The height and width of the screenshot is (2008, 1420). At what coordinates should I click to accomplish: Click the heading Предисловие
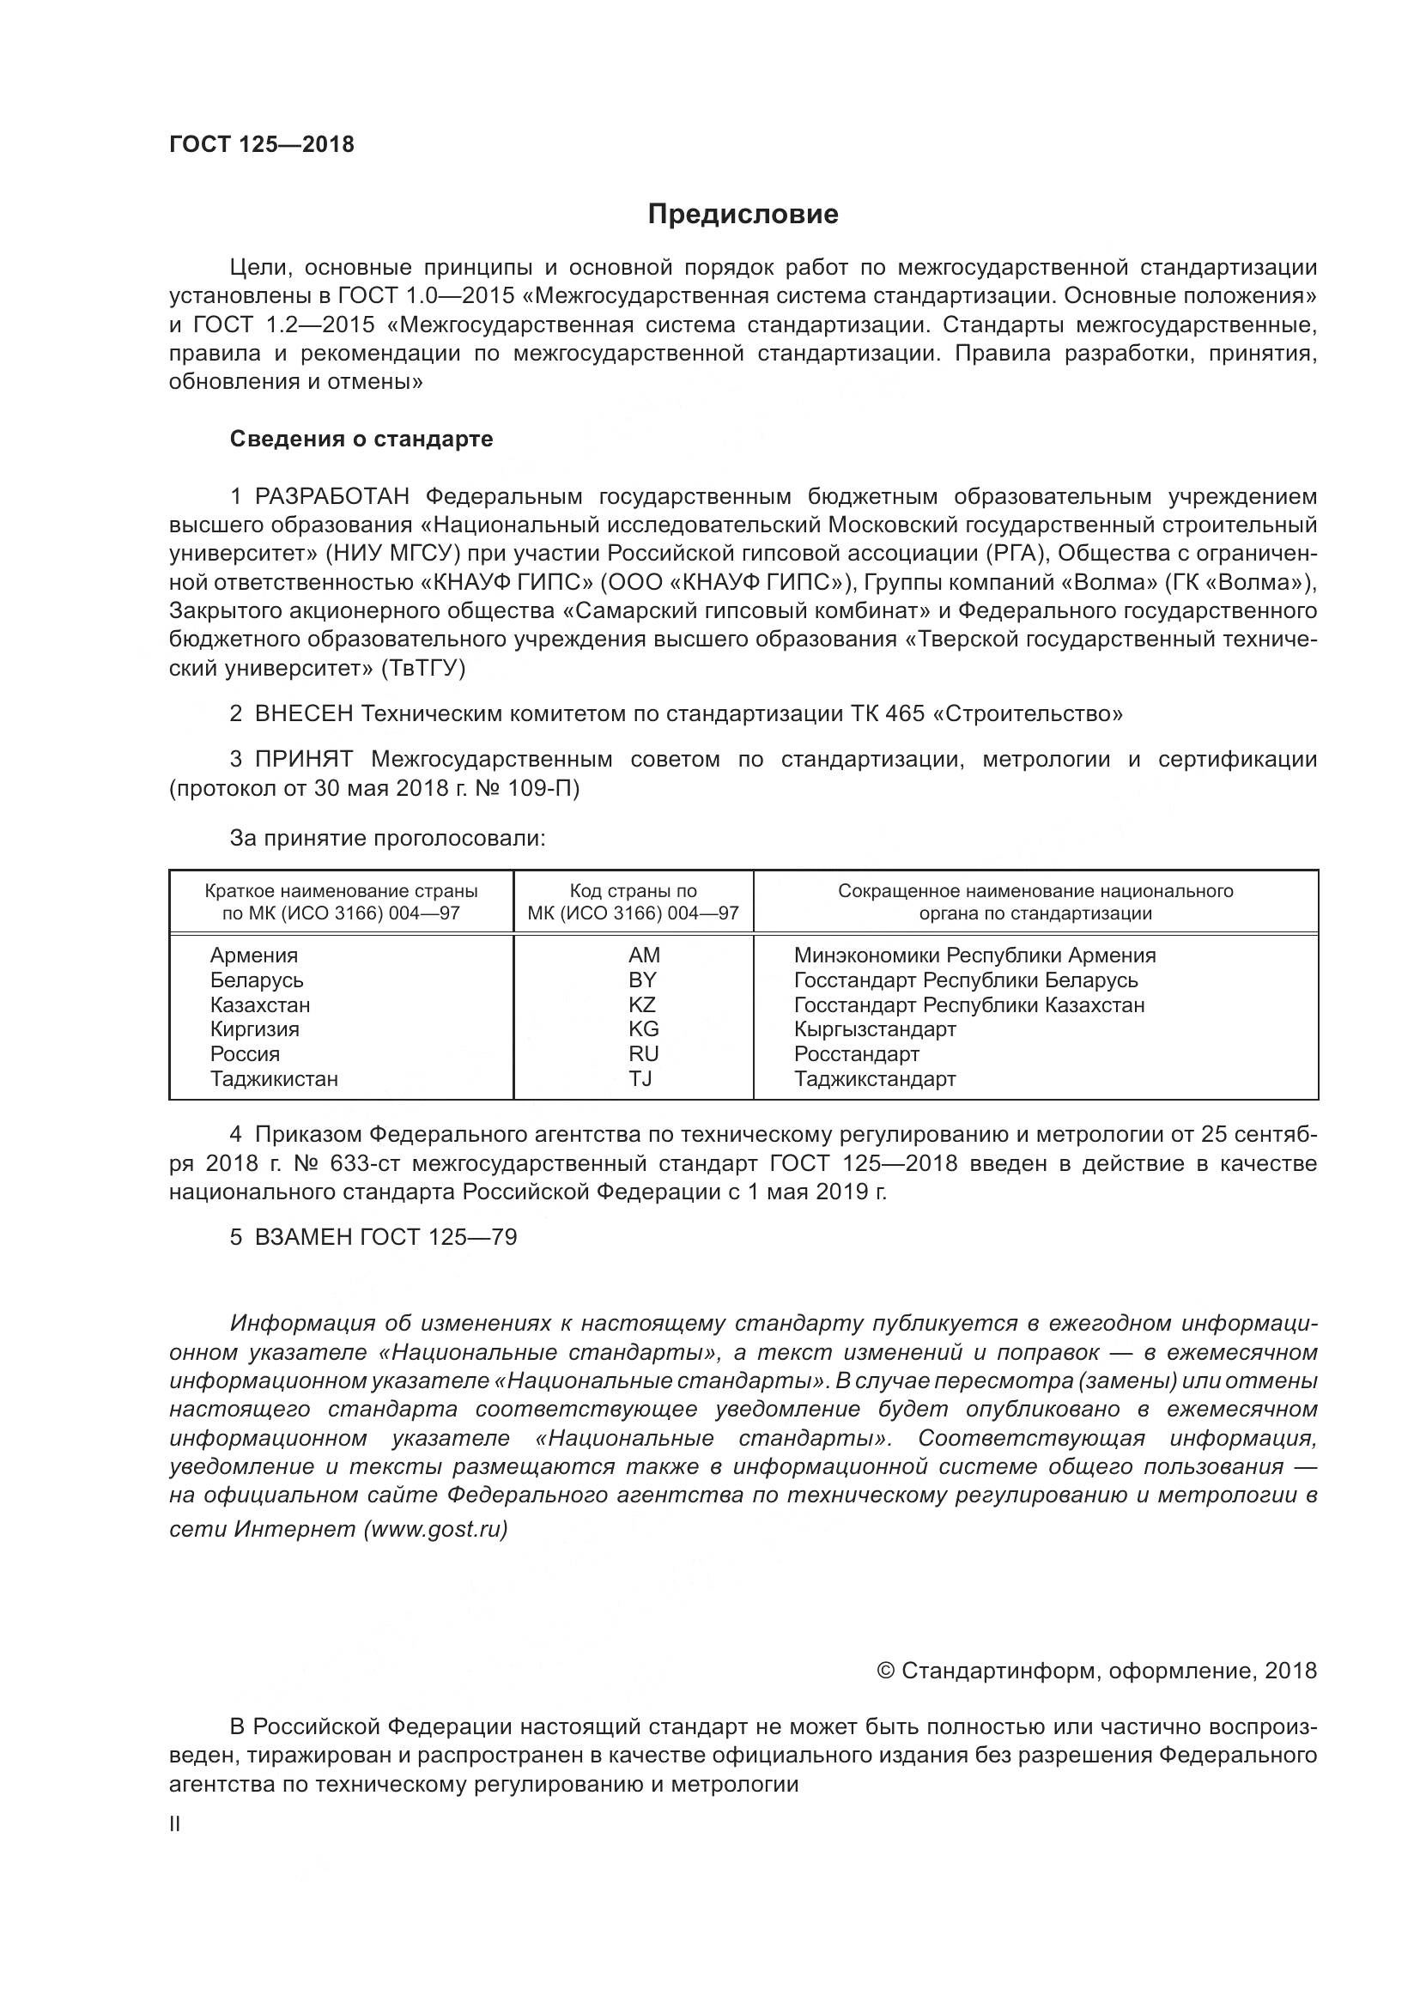[743, 215]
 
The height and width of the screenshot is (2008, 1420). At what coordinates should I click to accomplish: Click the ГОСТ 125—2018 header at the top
[262, 144]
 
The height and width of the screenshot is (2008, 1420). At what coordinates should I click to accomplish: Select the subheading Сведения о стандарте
[361, 439]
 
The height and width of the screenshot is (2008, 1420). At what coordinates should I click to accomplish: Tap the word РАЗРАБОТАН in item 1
[331, 497]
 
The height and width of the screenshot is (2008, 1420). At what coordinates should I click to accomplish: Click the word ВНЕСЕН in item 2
[303, 713]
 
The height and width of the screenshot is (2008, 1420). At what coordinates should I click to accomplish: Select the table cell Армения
[253, 955]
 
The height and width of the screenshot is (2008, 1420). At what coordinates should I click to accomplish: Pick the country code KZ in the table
[642, 1005]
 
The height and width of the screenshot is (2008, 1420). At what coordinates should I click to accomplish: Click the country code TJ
[640, 1078]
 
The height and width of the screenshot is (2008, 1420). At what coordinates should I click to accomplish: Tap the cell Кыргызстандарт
[874, 1029]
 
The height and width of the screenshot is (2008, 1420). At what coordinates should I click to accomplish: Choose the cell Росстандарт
[856, 1054]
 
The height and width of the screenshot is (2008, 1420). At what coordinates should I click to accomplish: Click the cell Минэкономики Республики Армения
[974, 955]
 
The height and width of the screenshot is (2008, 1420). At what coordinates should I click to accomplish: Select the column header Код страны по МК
[633, 901]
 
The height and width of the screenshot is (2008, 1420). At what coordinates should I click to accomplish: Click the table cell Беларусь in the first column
[256, 980]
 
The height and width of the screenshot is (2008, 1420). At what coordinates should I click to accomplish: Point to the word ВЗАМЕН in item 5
[303, 1236]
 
